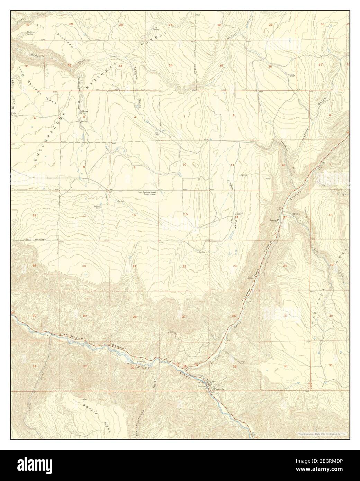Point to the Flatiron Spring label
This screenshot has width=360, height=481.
click(30, 33)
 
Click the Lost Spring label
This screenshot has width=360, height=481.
click(156, 29)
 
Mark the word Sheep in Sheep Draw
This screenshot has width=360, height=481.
click(229, 184)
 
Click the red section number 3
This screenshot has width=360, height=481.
click(184, 116)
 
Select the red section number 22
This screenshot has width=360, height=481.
click(184, 266)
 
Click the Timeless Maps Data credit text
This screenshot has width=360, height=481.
click(323, 434)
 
